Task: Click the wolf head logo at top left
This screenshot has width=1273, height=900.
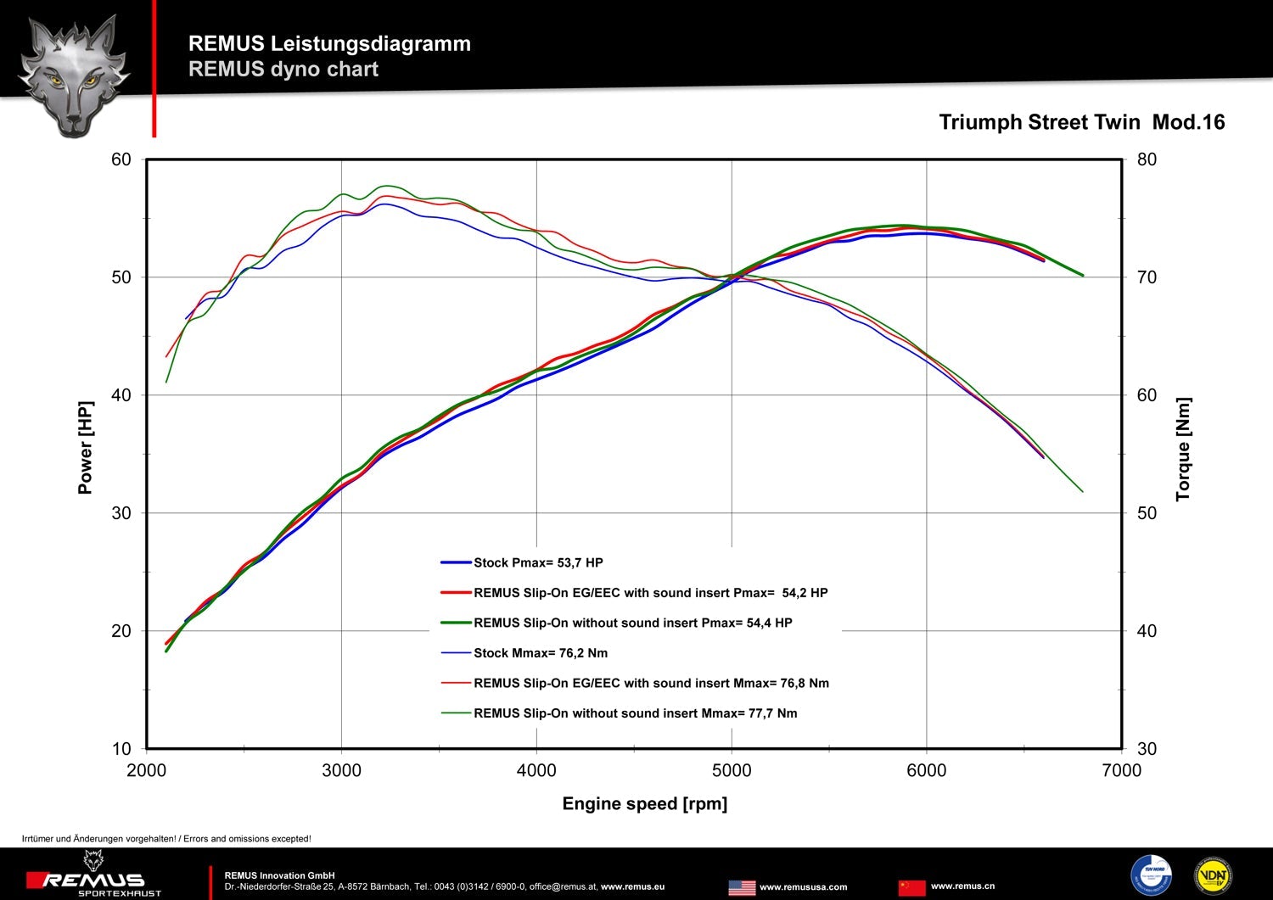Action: (x=74, y=75)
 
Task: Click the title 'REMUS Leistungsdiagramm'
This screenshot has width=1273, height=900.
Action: (x=329, y=43)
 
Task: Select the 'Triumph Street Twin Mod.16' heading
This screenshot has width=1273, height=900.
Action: (x=1081, y=122)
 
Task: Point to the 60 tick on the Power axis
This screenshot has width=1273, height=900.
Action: (x=121, y=159)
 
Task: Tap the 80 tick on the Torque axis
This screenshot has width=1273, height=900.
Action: (x=1147, y=159)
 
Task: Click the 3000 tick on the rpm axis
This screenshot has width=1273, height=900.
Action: (x=341, y=770)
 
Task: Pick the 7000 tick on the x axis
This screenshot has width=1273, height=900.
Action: (x=1121, y=770)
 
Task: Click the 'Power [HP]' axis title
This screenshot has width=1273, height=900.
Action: (x=85, y=447)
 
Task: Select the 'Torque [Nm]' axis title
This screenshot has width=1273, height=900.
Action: (x=1183, y=450)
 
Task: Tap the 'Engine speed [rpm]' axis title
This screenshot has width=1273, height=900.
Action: (x=644, y=803)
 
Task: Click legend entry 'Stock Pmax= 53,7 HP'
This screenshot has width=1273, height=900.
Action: (x=538, y=562)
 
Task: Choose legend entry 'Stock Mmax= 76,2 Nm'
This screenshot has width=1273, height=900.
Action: (x=541, y=653)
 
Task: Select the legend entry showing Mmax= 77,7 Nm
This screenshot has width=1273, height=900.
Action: (x=635, y=713)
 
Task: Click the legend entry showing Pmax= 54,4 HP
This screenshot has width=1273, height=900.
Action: (x=632, y=623)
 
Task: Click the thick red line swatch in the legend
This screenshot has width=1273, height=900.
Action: (x=456, y=593)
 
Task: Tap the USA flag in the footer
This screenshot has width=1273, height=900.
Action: (x=742, y=887)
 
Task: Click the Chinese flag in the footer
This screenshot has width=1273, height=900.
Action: (x=911, y=887)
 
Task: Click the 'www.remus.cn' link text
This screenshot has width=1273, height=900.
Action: (x=962, y=886)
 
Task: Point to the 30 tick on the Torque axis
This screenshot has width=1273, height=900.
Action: (x=1147, y=749)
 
